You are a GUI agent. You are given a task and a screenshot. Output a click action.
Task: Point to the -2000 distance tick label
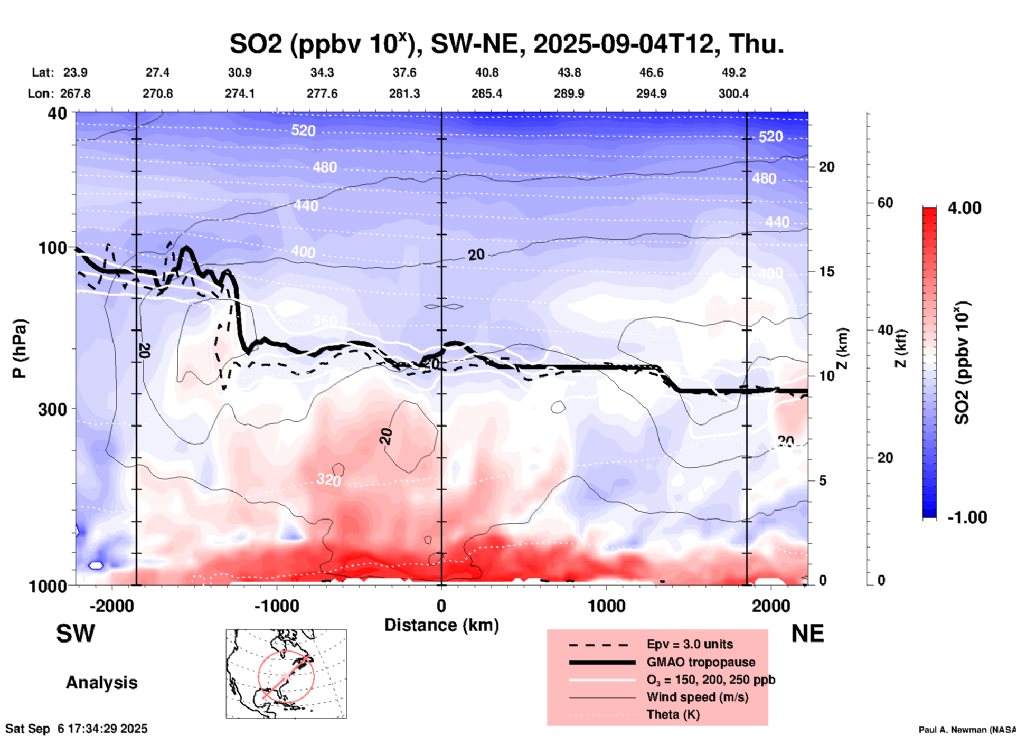coord(112,606)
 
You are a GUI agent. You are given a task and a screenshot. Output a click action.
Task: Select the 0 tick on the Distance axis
coord(441,606)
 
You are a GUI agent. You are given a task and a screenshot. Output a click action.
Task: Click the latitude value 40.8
coord(486,72)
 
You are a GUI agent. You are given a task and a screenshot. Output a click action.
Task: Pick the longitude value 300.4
coord(733,93)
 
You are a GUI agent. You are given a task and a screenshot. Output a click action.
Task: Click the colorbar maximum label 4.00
coord(964,208)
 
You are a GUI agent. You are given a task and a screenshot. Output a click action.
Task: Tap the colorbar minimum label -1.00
coord(967,517)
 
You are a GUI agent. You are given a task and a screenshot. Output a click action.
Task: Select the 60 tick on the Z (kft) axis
coord(884,203)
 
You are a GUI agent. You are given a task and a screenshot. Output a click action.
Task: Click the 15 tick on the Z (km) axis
coord(826,271)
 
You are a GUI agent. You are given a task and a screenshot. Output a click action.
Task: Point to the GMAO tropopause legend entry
coord(701,662)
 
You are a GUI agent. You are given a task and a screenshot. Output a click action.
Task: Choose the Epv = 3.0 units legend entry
coord(690,644)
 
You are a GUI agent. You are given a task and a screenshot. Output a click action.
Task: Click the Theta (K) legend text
coord(673,714)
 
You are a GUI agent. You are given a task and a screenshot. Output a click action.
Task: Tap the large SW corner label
coord(76,634)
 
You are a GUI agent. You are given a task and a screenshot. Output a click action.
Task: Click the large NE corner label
coord(807,634)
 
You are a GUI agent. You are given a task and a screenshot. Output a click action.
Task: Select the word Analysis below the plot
coord(101,683)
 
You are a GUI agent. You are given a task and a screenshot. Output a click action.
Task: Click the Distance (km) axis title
coord(441,625)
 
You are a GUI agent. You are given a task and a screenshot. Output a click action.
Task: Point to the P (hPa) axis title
coord(20,348)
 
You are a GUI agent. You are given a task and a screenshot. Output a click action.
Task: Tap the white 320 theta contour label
coord(328,479)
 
